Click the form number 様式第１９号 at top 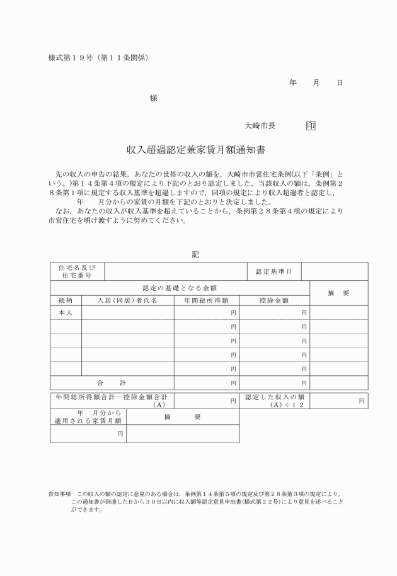69,58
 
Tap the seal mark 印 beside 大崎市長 311,126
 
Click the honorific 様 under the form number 153,98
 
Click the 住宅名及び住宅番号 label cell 77,271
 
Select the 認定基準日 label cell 273,271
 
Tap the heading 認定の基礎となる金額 180,287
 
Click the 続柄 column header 66,300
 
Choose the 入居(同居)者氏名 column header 127,300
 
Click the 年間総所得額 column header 206,300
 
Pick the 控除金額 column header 274,300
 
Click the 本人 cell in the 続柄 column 66,312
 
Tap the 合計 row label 112,382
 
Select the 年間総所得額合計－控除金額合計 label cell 112,400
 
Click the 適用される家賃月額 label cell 88,417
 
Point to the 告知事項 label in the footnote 60,494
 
